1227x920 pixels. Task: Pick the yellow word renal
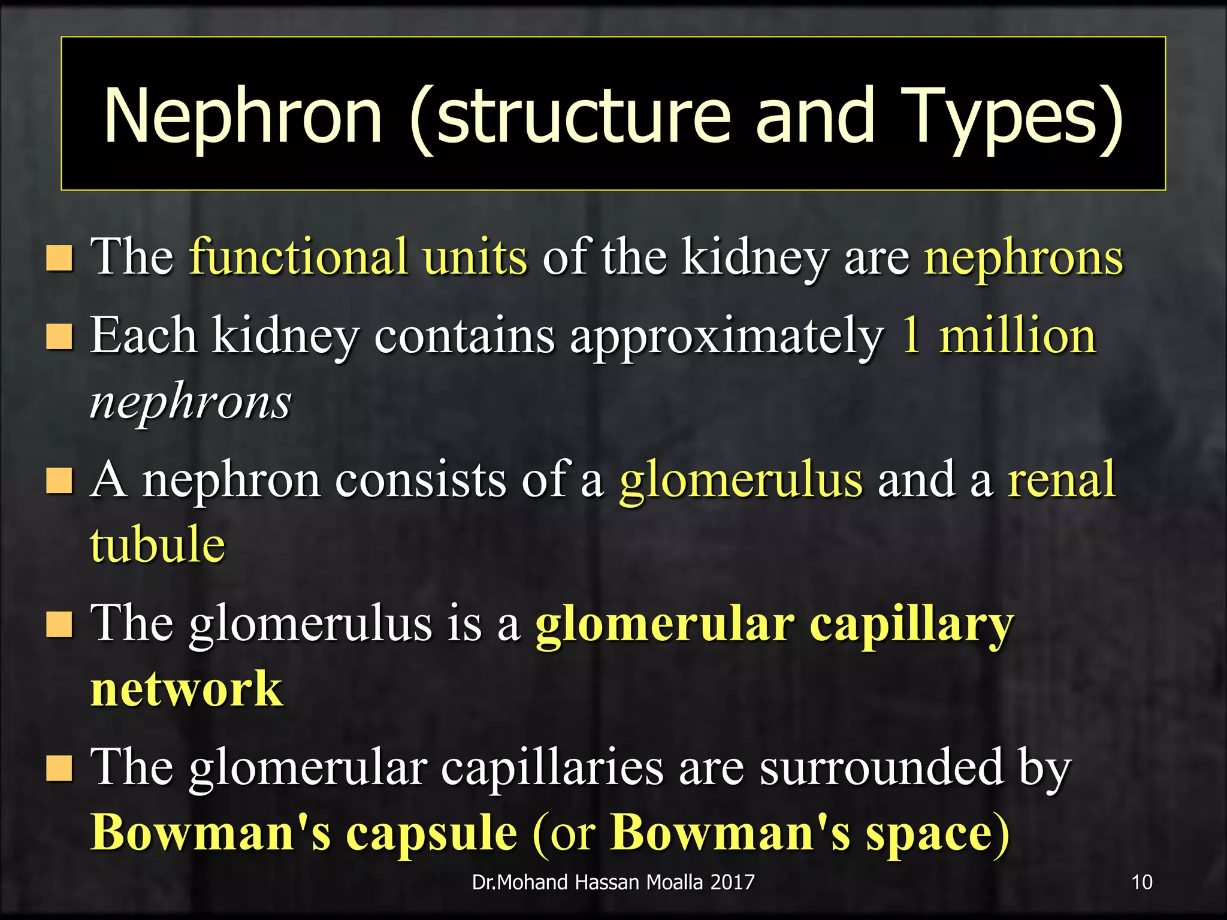tap(1061, 479)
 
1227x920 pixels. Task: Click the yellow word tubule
tap(158, 544)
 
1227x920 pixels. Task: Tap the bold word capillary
tap(911, 625)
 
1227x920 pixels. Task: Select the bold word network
tap(186, 689)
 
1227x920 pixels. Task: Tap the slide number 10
tap(1142, 882)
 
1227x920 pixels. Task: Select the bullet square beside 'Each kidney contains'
tap(59, 337)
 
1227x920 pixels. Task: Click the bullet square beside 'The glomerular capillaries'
tap(59, 768)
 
